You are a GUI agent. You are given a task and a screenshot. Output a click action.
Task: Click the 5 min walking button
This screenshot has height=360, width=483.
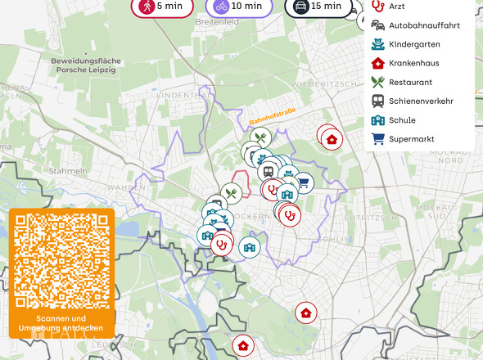click(x=161, y=7)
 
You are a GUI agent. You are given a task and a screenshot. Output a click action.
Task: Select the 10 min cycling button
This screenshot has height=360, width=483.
click(x=238, y=7)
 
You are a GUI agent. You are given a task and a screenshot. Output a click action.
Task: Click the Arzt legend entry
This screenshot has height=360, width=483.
click(x=397, y=7)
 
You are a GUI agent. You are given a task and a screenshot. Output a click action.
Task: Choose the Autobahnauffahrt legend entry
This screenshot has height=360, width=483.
click(x=424, y=25)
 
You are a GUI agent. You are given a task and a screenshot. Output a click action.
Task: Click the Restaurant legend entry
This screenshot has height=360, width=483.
click(x=410, y=82)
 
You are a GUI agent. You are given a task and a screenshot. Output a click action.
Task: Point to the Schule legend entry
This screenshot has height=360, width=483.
click(x=402, y=120)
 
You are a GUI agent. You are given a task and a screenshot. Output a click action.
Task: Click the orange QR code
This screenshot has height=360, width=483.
click(x=62, y=262)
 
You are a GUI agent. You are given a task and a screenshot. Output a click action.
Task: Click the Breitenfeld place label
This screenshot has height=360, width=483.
click(x=216, y=22)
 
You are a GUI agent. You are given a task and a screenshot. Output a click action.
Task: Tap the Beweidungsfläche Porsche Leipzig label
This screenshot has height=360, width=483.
click(x=86, y=65)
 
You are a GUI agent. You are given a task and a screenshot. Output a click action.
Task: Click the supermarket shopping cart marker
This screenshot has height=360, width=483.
click(x=304, y=183)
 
